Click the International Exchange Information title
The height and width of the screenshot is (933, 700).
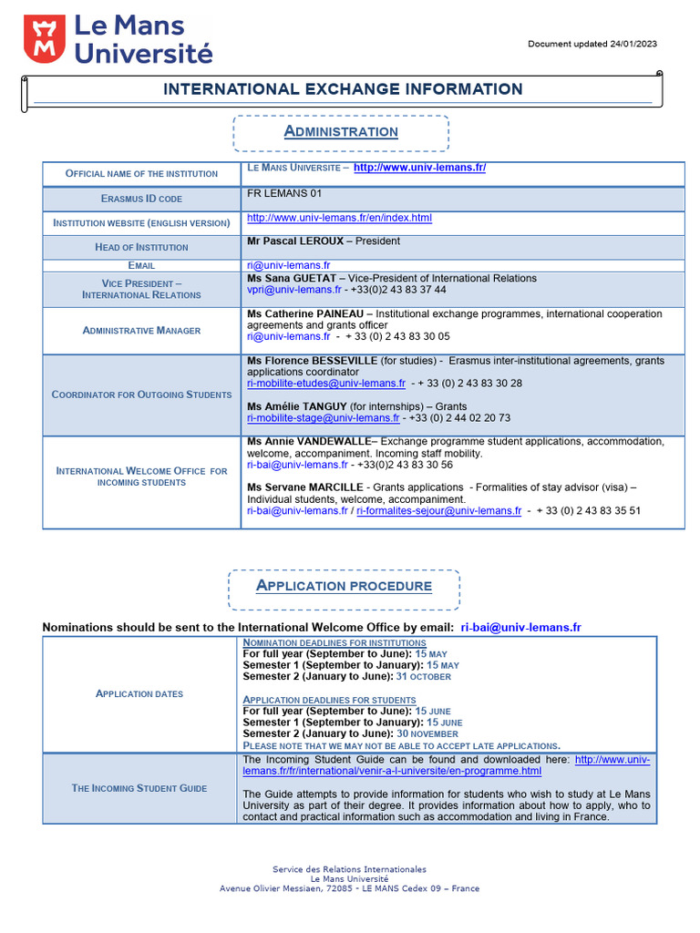coord(343,89)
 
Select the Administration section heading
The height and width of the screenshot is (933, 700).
coord(341,131)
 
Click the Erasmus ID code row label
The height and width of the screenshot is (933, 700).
coord(141,198)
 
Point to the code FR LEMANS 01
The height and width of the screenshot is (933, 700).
coord(284,193)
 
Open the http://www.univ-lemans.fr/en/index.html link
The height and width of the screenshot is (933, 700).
coord(339,218)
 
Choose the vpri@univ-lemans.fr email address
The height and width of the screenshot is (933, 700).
coord(293,289)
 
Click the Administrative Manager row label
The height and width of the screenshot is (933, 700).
coord(141,330)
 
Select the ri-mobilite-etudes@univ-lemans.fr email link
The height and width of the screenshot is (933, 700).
coord(326,384)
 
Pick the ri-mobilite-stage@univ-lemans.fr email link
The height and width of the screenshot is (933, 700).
coord(324,417)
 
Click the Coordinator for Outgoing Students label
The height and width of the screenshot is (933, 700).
coord(141,395)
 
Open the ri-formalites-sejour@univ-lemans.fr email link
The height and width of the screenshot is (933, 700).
coord(438,511)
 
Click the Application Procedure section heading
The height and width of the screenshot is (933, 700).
coord(344,586)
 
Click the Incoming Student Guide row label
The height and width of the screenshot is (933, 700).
coord(139,788)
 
